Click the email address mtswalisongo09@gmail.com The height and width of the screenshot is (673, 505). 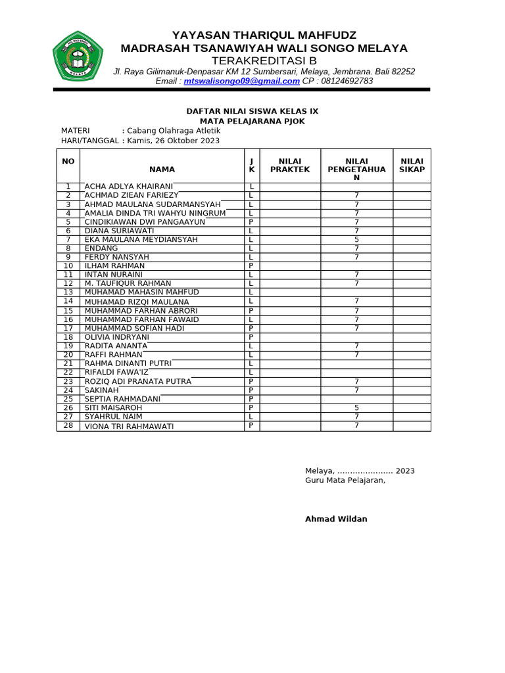[241, 81]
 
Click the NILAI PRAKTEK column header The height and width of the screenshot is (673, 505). [290, 165]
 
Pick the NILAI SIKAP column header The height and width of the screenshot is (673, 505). [412, 165]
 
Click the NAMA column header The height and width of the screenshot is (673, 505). [162, 170]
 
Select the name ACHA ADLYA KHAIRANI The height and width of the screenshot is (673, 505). [129, 187]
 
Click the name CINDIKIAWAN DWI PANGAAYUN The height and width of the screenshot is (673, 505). [145, 222]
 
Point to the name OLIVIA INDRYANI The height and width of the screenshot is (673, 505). [117, 336]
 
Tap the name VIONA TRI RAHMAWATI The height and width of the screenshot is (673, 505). [129, 427]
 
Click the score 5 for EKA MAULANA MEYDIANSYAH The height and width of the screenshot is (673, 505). [356, 240]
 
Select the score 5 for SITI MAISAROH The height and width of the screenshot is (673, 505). [356, 407]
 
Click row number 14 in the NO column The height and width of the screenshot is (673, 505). [68, 301]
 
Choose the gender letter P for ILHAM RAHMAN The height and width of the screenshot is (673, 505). [251, 266]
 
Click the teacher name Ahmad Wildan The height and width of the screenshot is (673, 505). [336, 519]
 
